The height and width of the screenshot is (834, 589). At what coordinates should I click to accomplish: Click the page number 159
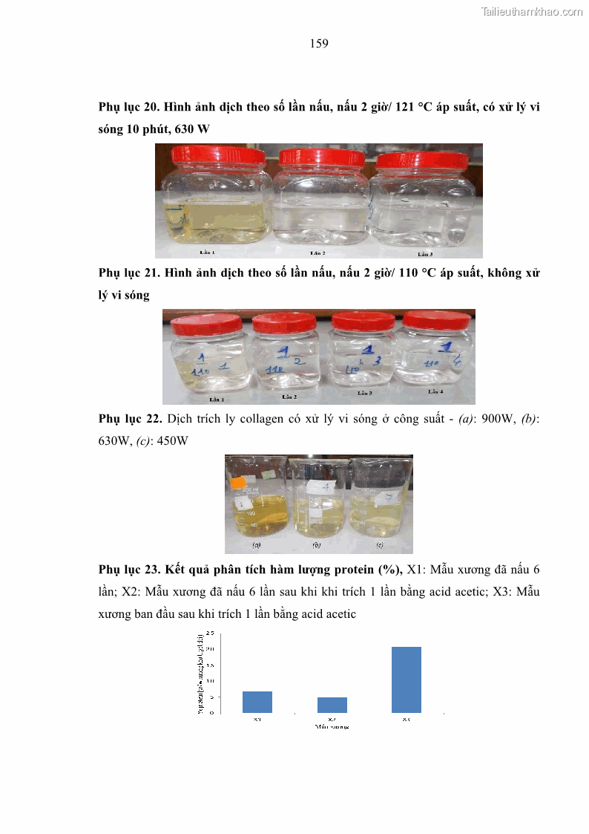[x=319, y=44]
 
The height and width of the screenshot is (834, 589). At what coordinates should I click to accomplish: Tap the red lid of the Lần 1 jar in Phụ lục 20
[x=218, y=155]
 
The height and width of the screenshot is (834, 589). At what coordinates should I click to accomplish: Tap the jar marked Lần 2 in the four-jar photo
[x=285, y=356]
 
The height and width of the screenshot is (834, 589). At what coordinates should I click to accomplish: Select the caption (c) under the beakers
[x=380, y=544]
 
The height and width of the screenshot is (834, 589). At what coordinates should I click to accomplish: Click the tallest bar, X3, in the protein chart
[x=407, y=680]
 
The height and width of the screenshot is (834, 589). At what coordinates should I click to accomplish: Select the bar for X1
[x=257, y=702]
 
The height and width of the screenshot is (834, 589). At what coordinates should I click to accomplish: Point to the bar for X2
[x=332, y=705]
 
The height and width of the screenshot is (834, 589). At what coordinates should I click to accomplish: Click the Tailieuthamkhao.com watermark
[x=532, y=11]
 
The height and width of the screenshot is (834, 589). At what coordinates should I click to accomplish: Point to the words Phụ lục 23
[x=128, y=570]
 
